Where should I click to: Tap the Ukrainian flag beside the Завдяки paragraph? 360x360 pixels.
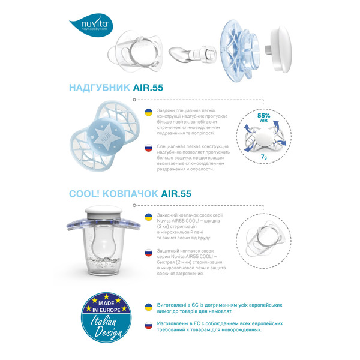click(148, 112)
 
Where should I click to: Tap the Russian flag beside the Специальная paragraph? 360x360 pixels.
click(148, 148)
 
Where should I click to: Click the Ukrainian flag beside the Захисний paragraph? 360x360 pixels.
click(148, 218)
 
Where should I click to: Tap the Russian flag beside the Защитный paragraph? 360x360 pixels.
click(148, 254)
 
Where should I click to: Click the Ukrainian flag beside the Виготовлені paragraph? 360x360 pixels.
click(148, 307)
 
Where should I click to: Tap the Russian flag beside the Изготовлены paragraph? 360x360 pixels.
click(148, 325)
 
